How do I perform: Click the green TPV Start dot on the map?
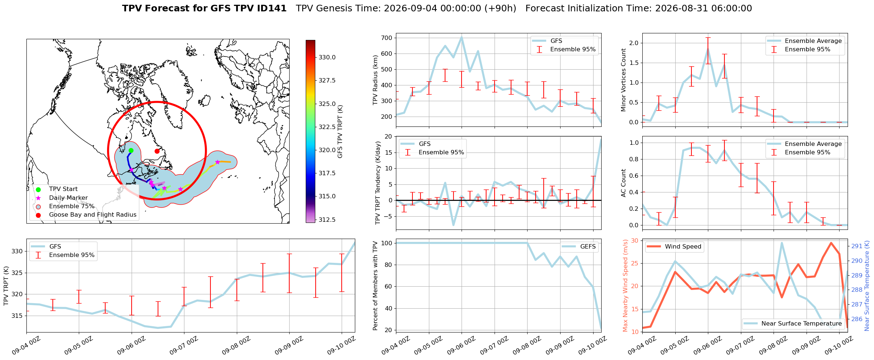point(131,150)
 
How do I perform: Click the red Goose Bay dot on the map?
point(157,151)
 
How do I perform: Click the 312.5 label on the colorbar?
point(327,220)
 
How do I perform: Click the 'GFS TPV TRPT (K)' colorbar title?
point(340,132)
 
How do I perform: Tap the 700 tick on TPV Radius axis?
point(387,38)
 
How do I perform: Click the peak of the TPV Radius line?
point(462,37)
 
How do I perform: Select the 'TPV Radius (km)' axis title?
point(375,80)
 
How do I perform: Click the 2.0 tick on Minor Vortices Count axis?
point(634,43)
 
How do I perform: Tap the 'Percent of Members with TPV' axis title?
point(375,286)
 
